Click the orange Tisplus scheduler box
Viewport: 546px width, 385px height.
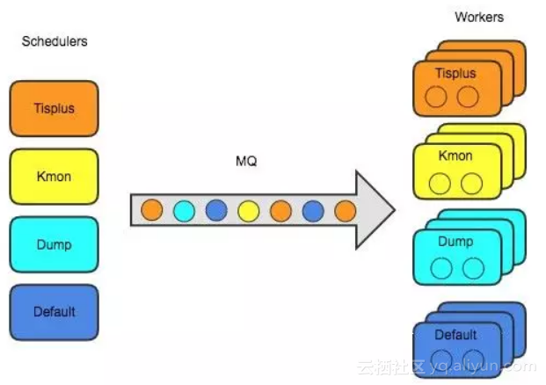[x=54, y=109]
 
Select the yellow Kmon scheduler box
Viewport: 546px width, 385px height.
[x=54, y=177]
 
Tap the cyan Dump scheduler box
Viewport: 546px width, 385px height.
[x=54, y=244]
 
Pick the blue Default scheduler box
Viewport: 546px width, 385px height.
[x=54, y=311]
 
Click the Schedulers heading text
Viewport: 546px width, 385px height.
[x=55, y=41]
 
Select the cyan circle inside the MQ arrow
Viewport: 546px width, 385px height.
[x=184, y=211]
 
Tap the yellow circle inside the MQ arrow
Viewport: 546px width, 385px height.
[x=249, y=211]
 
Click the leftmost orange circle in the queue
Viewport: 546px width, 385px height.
[x=152, y=211]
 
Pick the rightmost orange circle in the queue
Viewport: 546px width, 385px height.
[x=345, y=211]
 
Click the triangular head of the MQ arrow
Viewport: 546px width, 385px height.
[x=374, y=211]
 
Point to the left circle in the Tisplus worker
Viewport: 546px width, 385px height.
[x=436, y=98]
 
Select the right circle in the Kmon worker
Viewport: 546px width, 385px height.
[x=472, y=184]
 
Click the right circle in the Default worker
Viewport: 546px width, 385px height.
[x=472, y=355]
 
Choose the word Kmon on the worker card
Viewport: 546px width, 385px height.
[x=455, y=156]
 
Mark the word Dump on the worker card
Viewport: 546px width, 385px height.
[x=455, y=242]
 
